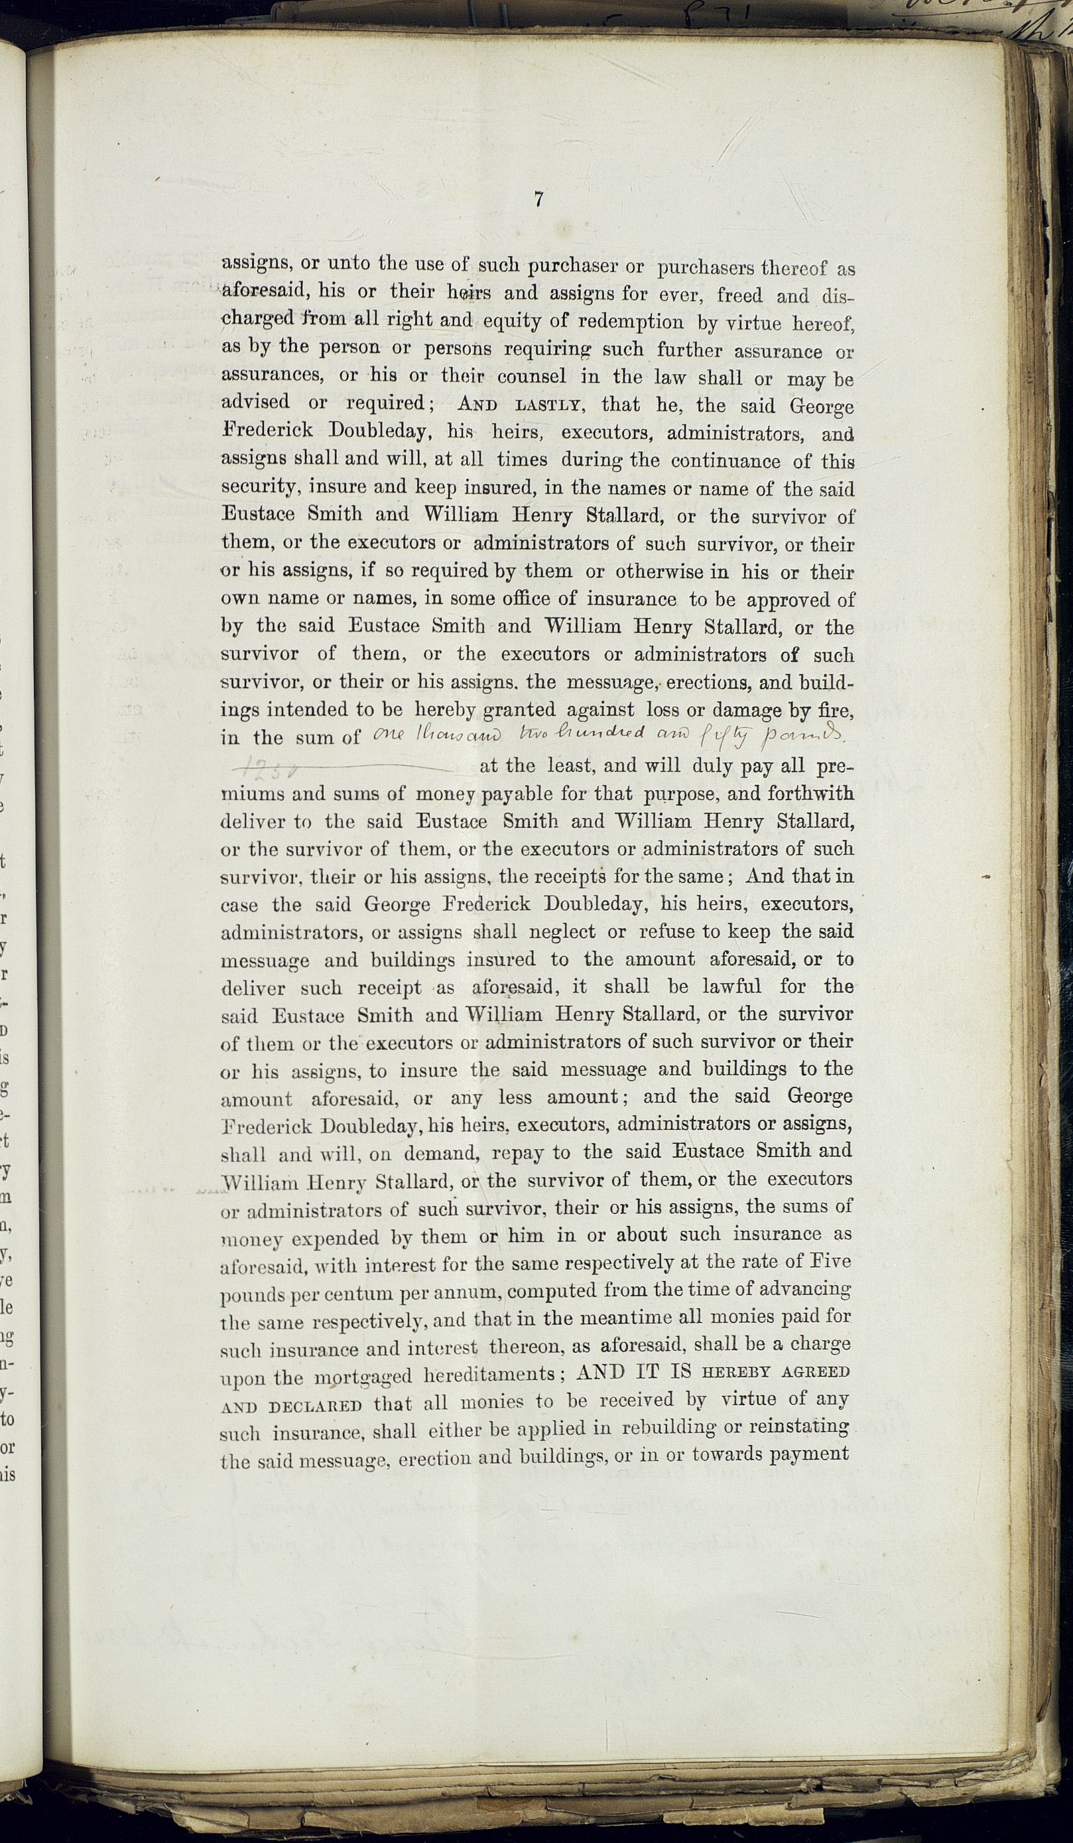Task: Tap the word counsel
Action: tap(531, 377)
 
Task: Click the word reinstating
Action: tap(793, 1428)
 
